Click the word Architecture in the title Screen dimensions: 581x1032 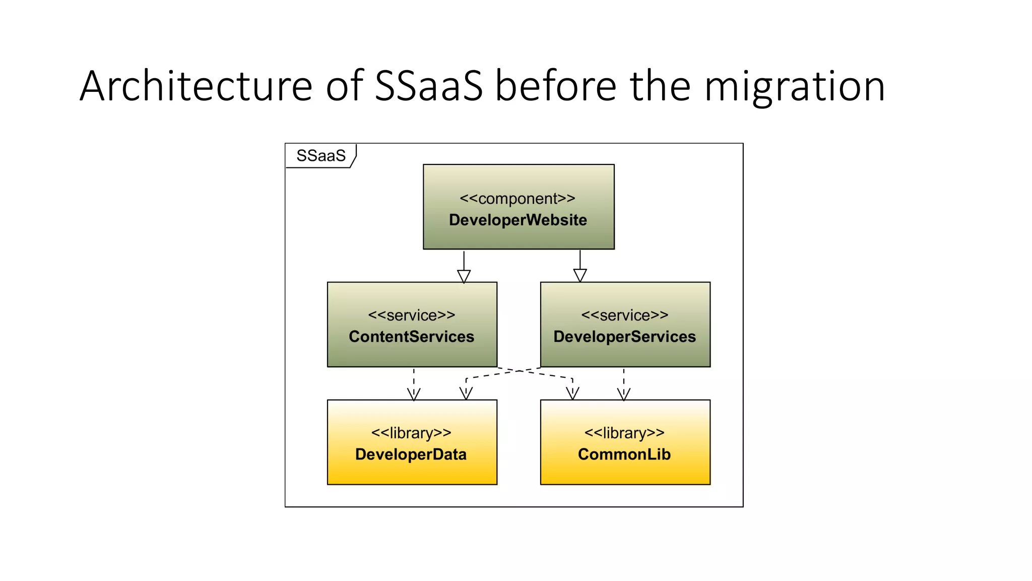pyautogui.click(x=196, y=86)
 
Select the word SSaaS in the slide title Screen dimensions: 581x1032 pyautogui.click(x=428, y=86)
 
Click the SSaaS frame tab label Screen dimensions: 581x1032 pyautogui.click(x=321, y=155)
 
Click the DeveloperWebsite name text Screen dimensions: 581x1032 pyautogui.click(x=518, y=220)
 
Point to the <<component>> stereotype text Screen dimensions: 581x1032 pyautogui.click(x=518, y=198)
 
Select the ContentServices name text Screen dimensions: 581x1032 pyautogui.click(x=411, y=336)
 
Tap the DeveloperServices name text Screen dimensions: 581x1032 pyautogui.click(x=624, y=336)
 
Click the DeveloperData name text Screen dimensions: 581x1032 pyautogui.click(x=411, y=454)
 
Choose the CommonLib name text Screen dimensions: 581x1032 pyautogui.click(x=624, y=454)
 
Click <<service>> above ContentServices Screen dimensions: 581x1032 pyautogui.click(x=411, y=315)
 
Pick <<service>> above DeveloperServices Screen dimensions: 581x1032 pyautogui.click(x=624, y=315)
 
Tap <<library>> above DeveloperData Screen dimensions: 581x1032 pyautogui.click(x=411, y=433)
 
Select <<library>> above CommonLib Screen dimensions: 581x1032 pyautogui.click(x=624, y=433)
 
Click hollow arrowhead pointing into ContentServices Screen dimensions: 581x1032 pyautogui.click(x=464, y=276)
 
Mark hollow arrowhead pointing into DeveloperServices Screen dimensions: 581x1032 pyautogui.click(x=580, y=275)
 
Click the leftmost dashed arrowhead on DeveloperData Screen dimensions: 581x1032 pyautogui.click(x=414, y=394)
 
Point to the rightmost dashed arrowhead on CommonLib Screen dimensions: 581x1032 pyautogui.click(x=624, y=394)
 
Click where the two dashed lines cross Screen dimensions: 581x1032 pyautogui.click(x=519, y=371)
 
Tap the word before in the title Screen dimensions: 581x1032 pyautogui.click(x=555, y=86)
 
